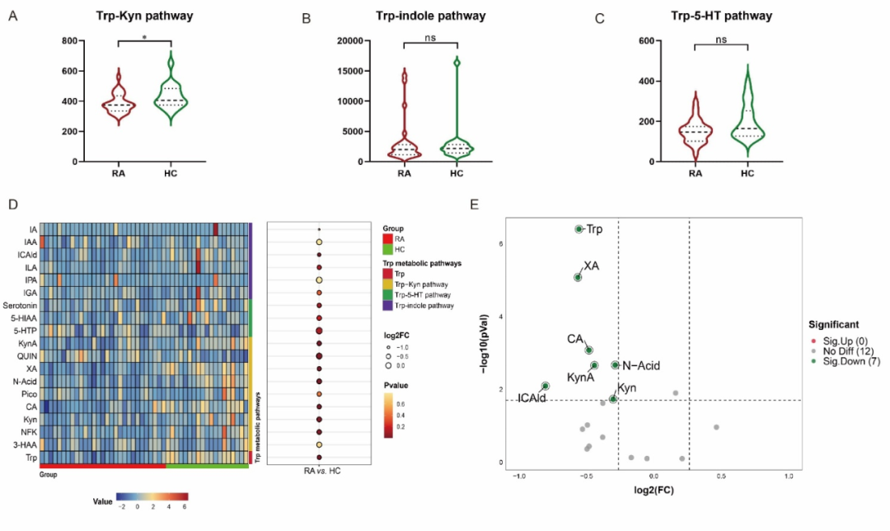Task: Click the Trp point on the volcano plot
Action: tap(578, 229)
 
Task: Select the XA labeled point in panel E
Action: tap(578, 277)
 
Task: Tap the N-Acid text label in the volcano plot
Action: tap(641, 365)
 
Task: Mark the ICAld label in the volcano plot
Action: tap(532, 398)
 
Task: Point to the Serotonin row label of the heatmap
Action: tap(17, 306)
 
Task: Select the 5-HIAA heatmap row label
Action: tap(21, 318)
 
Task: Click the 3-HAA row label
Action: tap(24, 445)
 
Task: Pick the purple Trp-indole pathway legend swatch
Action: tap(387, 305)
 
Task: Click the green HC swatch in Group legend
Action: tap(387, 250)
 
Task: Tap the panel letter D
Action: tap(12, 203)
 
